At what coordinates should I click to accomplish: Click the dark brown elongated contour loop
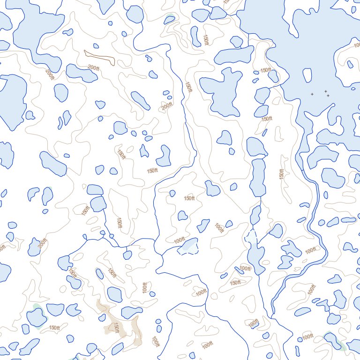99,58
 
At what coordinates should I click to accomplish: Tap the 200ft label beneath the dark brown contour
93,68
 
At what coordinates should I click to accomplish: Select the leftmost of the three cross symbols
312,94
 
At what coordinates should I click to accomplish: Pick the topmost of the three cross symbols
325,91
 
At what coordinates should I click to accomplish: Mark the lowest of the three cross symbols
328,96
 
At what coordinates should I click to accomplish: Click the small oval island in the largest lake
307,75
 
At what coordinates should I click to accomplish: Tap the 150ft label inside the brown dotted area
116,327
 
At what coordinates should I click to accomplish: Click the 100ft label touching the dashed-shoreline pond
179,241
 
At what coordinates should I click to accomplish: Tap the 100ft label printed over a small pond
245,269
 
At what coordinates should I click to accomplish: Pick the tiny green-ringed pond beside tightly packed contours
99,273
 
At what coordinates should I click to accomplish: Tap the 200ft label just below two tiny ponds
167,107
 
